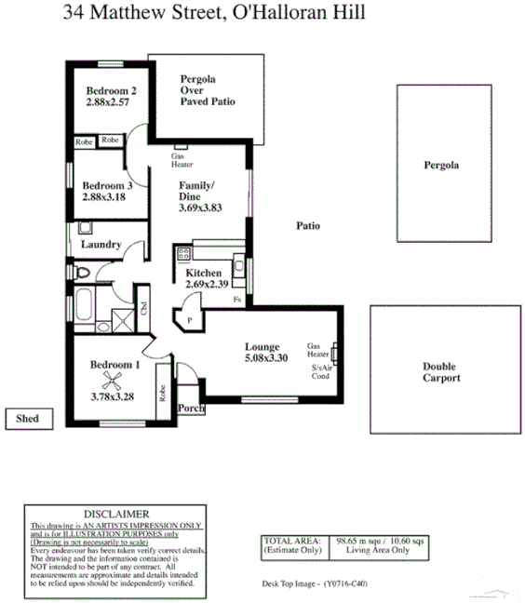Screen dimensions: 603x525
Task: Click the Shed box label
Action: click(x=27, y=420)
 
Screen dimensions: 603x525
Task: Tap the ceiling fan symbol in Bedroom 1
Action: click(x=114, y=381)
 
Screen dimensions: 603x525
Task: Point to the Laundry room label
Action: click(x=101, y=244)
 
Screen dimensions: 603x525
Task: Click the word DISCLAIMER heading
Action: click(x=115, y=514)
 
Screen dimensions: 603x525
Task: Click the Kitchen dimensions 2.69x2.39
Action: click(x=207, y=284)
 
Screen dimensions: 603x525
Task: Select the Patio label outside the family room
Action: click(x=308, y=225)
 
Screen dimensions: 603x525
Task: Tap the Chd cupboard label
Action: click(x=143, y=308)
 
